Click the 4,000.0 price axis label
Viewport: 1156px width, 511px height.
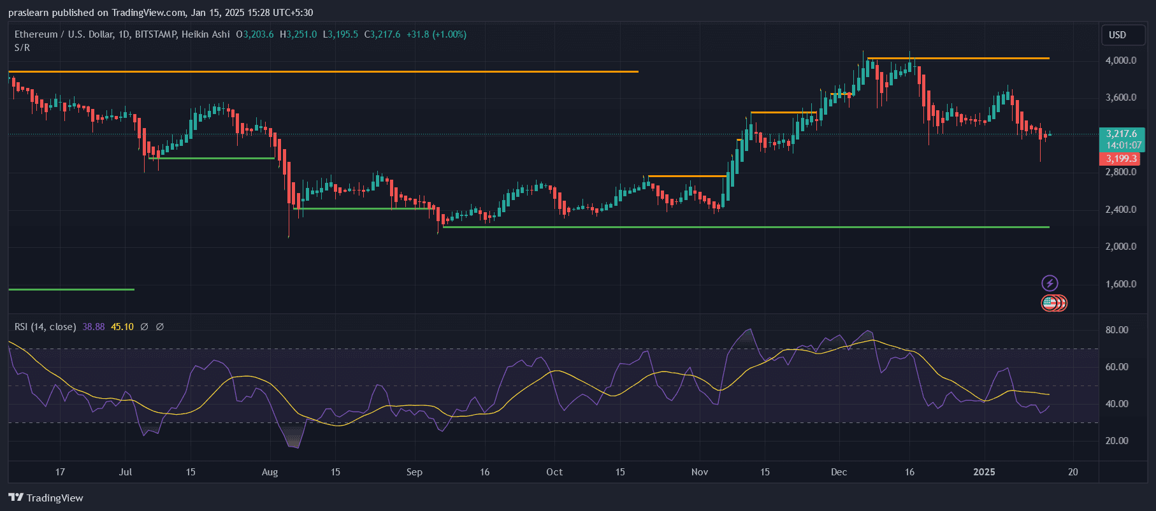pos(1120,61)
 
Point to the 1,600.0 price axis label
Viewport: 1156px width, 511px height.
pos(1120,284)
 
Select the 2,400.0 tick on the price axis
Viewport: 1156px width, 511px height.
pos(1120,210)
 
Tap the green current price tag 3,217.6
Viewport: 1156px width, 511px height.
pos(1121,134)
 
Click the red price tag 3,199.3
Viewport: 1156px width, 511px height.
pos(1121,159)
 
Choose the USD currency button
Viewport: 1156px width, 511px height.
pos(1117,35)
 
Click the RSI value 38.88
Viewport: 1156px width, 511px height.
pos(94,327)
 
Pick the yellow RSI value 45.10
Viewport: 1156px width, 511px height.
pos(122,327)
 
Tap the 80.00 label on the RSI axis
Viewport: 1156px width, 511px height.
pos(1116,330)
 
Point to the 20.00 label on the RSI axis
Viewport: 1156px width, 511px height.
pos(1116,441)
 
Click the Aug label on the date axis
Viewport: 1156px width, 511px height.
pos(270,472)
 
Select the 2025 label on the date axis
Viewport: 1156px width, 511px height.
pos(984,472)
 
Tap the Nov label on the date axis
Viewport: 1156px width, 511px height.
pos(699,472)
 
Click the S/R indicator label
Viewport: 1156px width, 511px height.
pos(22,48)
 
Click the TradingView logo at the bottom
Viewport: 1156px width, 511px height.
pos(46,498)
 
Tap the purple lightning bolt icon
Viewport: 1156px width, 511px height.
pos(1050,283)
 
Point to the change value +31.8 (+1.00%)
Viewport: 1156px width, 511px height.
pos(437,34)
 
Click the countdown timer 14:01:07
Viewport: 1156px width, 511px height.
pos(1123,145)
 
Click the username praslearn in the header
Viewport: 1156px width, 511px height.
pos(28,13)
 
